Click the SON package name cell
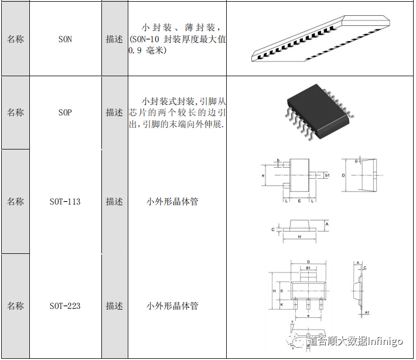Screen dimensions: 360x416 [x=65, y=40]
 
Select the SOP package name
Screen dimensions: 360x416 [x=65, y=112]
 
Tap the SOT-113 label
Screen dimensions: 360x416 [x=65, y=202]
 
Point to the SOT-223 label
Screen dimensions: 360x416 [x=65, y=306]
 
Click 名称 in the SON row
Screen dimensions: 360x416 [x=15, y=40]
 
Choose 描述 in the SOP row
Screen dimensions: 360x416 [x=114, y=112]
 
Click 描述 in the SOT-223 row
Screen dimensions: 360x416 [x=114, y=306]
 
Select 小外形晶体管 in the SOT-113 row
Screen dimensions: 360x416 [x=172, y=202]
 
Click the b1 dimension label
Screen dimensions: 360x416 [x=327, y=175]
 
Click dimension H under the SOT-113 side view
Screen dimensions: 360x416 [x=299, y=237]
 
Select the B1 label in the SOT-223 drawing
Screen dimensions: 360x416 [x=308, y=268]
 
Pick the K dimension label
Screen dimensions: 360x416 [x=282, y=305]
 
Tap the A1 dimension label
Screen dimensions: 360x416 [x=367, y=313]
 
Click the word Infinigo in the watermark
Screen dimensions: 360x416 [x=386, y=341]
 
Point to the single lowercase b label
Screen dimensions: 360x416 [x=278, y=159]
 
